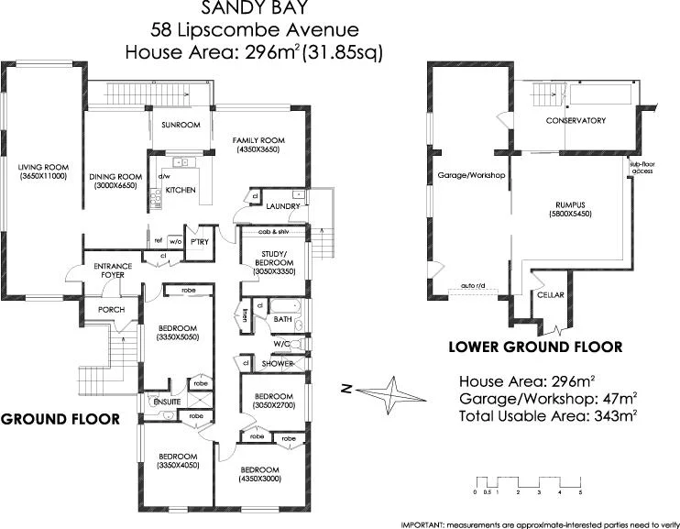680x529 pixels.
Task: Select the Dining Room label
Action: click(x=115, y=181)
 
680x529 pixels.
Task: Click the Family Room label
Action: click(x=256, y=142)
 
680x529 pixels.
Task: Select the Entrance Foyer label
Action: click(x=114, y=271)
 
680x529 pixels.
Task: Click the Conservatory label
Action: click(x=576, y=120)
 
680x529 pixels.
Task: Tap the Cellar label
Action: click(x=550, y=294)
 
